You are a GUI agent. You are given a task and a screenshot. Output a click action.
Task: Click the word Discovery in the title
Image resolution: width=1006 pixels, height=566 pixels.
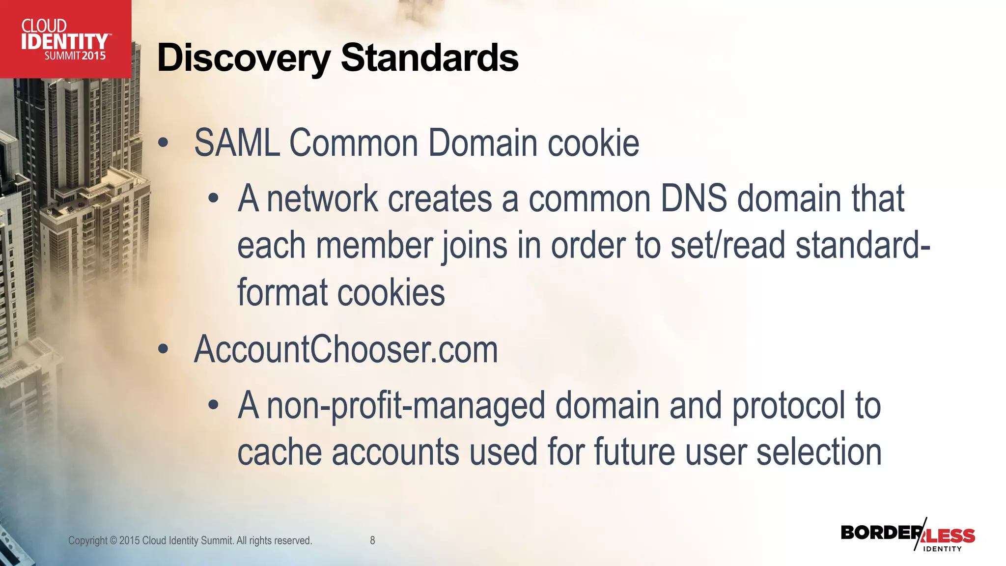(x=244, y=58)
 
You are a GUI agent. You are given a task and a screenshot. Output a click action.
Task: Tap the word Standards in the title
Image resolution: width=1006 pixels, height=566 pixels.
(x=429, y=58)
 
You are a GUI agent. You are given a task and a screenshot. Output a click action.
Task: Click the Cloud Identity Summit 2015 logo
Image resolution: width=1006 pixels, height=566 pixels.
(x=65, y=39)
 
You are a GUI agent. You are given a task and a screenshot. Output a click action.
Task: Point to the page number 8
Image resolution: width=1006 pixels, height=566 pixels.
(x=372, y=540)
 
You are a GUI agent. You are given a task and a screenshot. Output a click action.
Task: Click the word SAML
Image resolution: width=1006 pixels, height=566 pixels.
(x=237, y=143)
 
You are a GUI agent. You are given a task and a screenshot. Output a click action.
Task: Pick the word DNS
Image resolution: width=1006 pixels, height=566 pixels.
(x=693, y=198)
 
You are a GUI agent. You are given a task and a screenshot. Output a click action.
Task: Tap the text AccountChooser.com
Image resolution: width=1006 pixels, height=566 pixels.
(x=346, y=349)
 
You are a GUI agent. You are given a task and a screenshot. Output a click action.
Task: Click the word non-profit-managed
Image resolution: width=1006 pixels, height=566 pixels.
(x=406, y=406)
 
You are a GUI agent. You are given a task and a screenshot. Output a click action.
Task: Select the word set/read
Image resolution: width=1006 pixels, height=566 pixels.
(x=727, y=245)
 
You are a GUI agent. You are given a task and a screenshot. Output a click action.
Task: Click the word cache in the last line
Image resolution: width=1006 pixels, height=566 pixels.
(x=279, y=452)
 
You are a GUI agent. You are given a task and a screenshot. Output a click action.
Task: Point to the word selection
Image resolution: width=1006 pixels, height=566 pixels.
(x=819, y=452)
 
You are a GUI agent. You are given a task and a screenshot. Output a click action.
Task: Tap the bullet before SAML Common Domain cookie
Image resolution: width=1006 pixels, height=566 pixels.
(x=163, y=143)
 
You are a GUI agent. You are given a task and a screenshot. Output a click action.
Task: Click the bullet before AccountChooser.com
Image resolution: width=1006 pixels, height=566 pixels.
(x=163, y=350)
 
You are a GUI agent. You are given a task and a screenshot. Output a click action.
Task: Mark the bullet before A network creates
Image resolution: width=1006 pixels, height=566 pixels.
(x=213, y=199)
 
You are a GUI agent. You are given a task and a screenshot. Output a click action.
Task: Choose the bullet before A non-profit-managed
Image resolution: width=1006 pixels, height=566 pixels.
(x=213, y=406)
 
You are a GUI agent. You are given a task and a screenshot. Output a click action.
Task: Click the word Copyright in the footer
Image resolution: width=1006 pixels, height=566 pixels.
(x=87, y=540)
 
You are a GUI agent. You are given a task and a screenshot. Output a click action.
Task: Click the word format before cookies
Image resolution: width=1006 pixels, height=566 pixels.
(x=282, y=292)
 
